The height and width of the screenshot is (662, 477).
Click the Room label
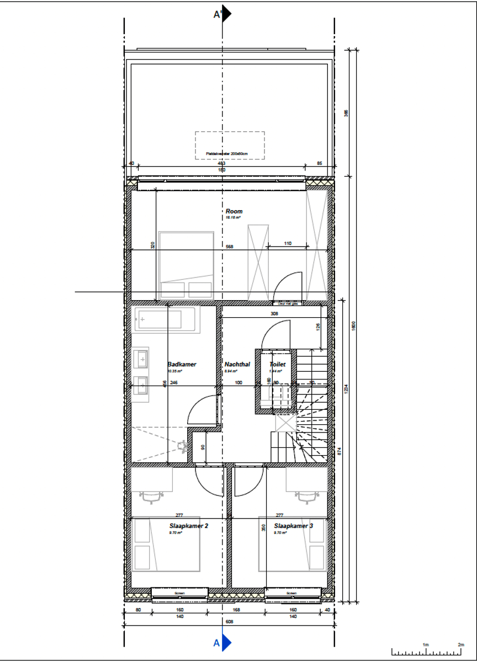pos(234,211)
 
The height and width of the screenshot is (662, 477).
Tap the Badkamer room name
pos(182,365)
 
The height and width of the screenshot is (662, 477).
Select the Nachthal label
pos(237,365)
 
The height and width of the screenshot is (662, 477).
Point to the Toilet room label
pos(277,365)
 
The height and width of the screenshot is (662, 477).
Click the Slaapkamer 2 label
pos(188,526)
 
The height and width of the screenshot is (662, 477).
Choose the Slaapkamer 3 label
pos(293,526)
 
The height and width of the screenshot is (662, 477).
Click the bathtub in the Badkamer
pos(164,319)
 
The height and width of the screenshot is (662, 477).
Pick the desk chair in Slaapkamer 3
pos(307,497)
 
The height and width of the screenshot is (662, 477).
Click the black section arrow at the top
pos(226,14)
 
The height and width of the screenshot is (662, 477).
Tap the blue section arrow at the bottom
pos(226,643)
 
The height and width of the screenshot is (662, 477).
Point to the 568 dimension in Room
pos(229,247)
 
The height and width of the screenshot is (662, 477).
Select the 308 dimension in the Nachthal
pos(274,313)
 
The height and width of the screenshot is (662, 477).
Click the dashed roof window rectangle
pos(229,146)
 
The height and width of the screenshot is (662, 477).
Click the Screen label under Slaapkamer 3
pos(293,594)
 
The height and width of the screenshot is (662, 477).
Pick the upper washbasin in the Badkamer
pos(141,359)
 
